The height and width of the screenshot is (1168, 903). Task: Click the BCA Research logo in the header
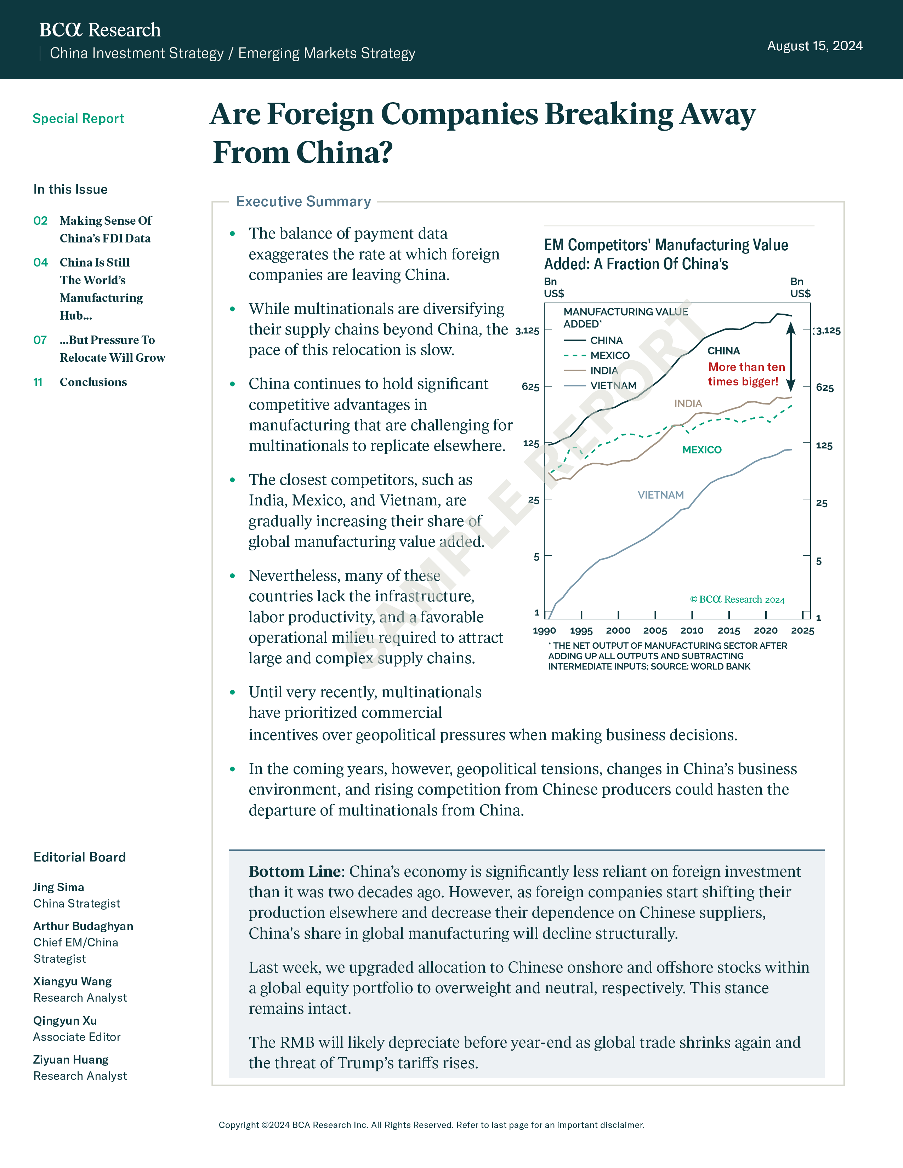point(100,30)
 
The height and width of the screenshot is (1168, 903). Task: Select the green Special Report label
point(78,119)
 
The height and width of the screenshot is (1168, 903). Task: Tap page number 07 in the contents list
point(40,340)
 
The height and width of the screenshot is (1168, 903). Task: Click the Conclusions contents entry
point(93,382)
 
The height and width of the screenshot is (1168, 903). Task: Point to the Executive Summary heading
point(303,202)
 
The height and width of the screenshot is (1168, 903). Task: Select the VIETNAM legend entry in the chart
point(600,385)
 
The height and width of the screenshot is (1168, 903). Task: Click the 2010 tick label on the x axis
point(692,630)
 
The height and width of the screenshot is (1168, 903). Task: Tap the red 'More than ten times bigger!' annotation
point(746,374)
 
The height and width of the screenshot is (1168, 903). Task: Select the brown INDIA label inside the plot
point(688,403)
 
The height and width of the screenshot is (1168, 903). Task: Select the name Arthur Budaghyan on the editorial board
point(83,926)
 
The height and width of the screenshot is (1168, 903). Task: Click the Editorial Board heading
point(80,857)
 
